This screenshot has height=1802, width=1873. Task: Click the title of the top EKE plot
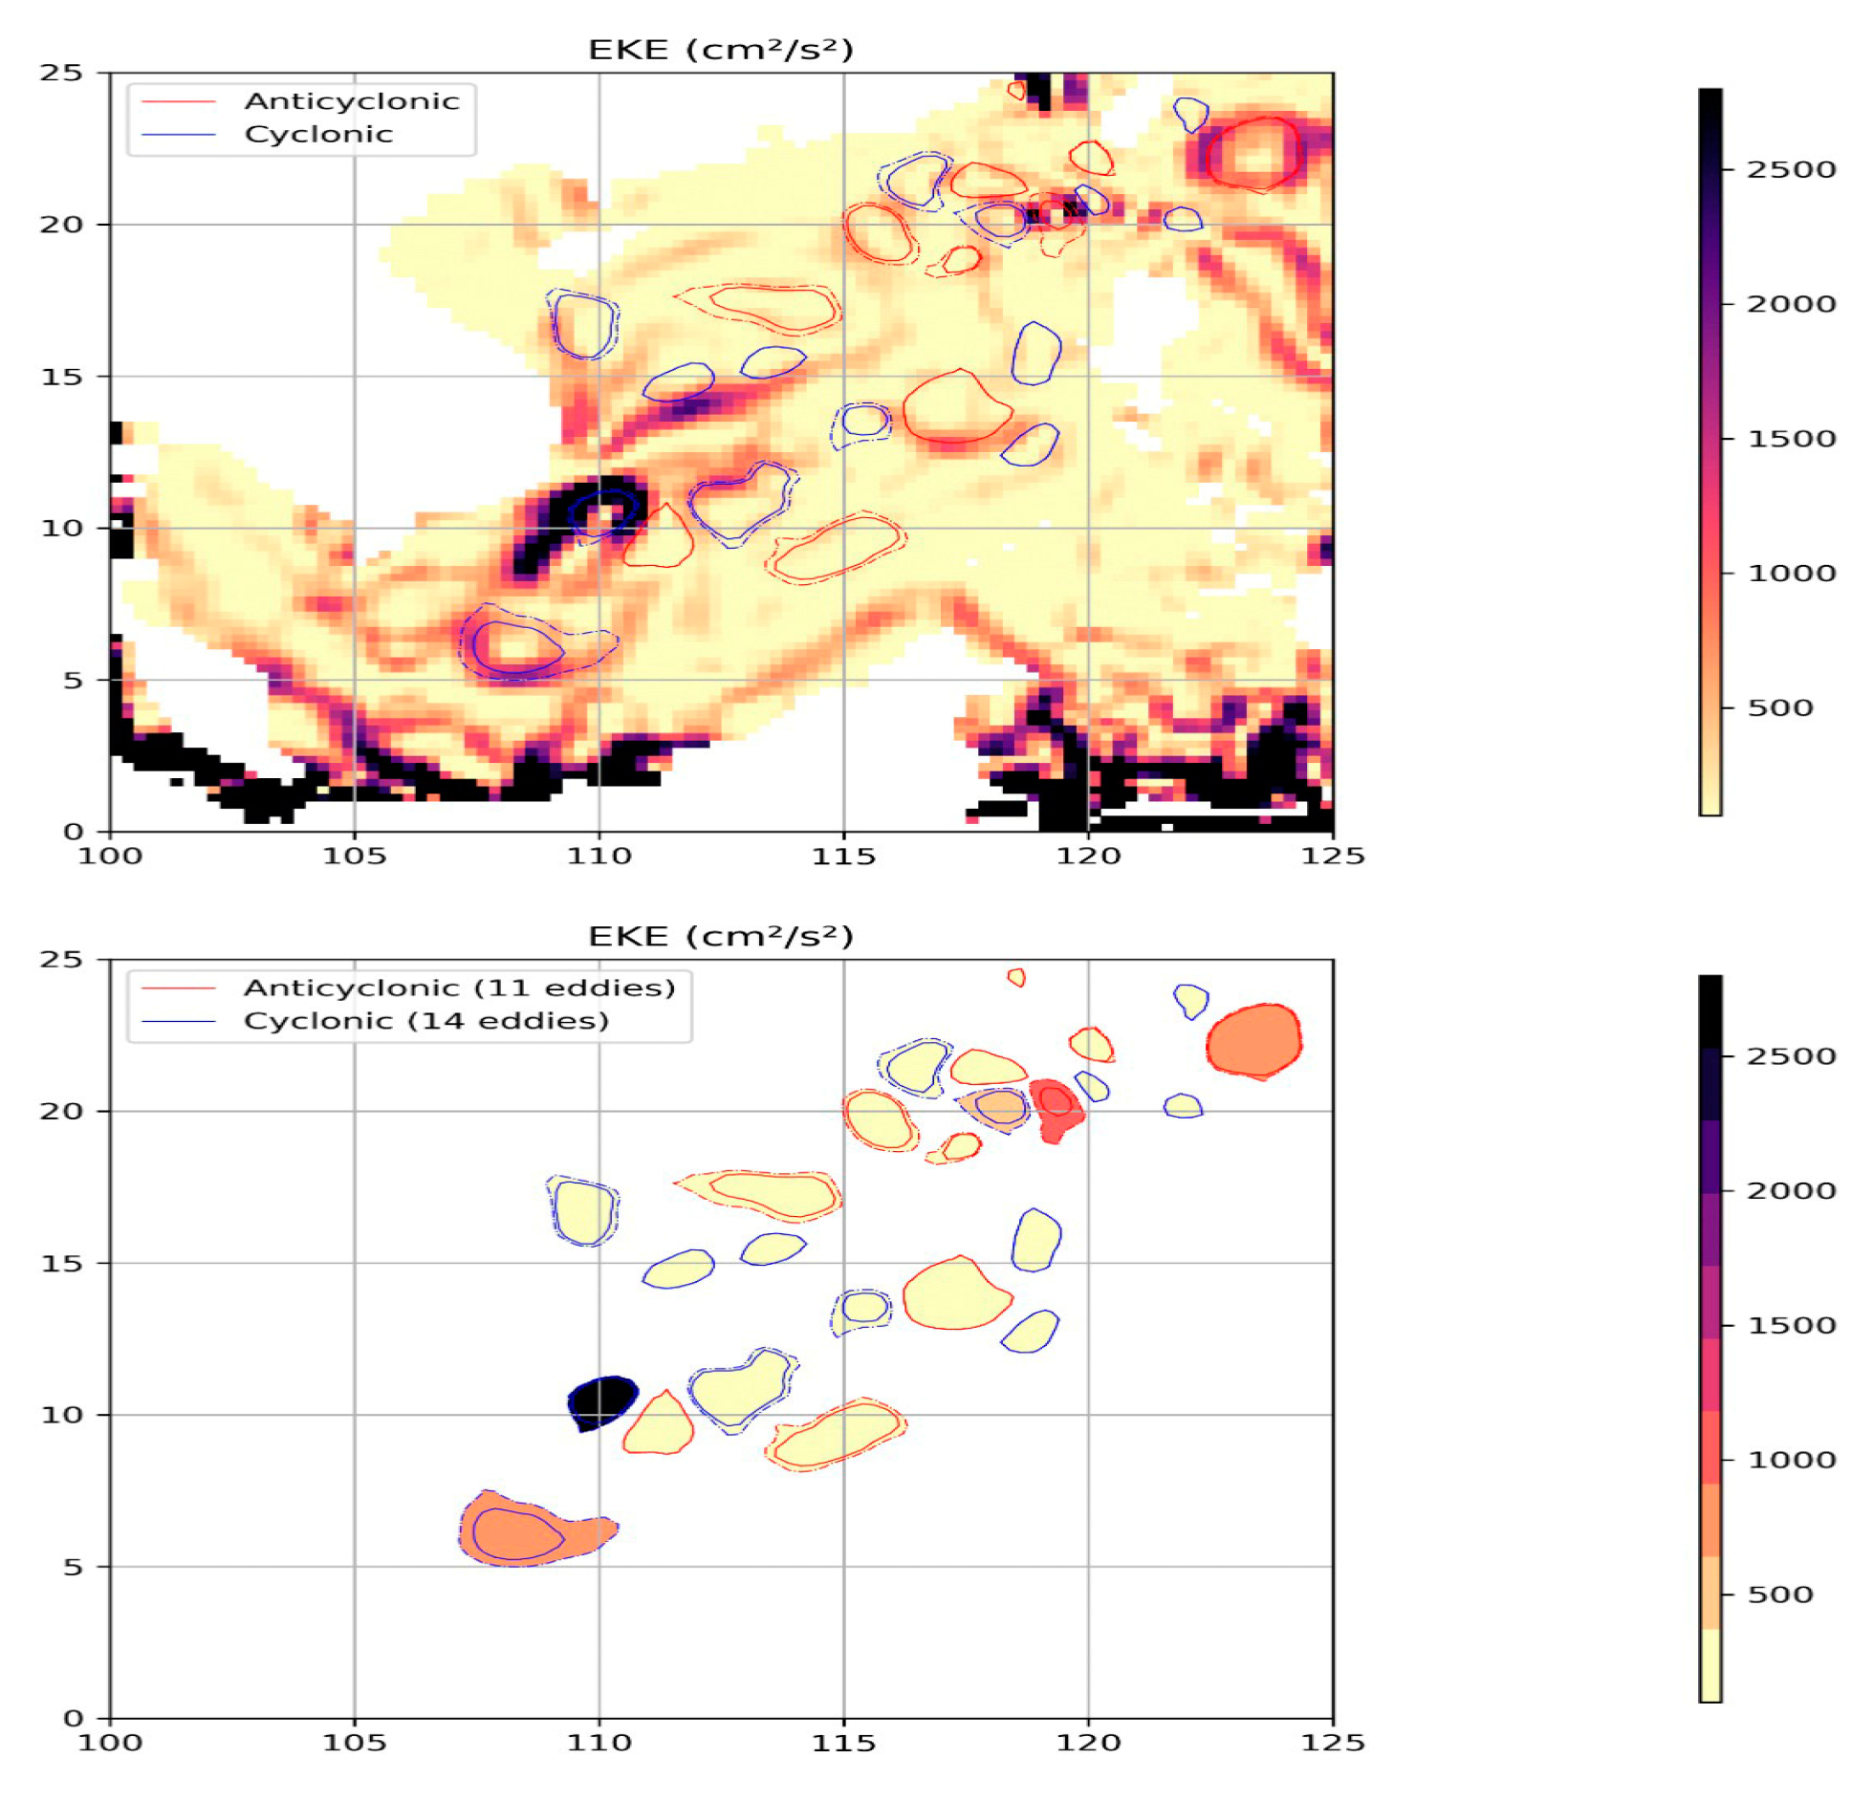click(x=720, y=50)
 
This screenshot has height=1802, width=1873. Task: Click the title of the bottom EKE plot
click(x=720, y=936)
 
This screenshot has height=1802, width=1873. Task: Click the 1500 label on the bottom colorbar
click(x=1791, y=1325)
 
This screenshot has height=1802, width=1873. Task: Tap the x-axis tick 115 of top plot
click(x=843, y=856)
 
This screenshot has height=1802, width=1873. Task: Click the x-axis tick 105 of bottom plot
click(x=354, y=1743)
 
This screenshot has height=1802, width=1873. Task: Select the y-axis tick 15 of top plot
click(x=61, y=377)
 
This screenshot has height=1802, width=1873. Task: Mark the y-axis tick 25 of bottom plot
click(x=61, y=959)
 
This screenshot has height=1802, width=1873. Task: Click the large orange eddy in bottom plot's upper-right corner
click(x=1253, y=1040)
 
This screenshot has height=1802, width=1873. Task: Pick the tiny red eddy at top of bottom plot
click(x=1016, y=977)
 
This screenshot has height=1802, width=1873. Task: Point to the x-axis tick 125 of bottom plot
click(x=1332, y=1743)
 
